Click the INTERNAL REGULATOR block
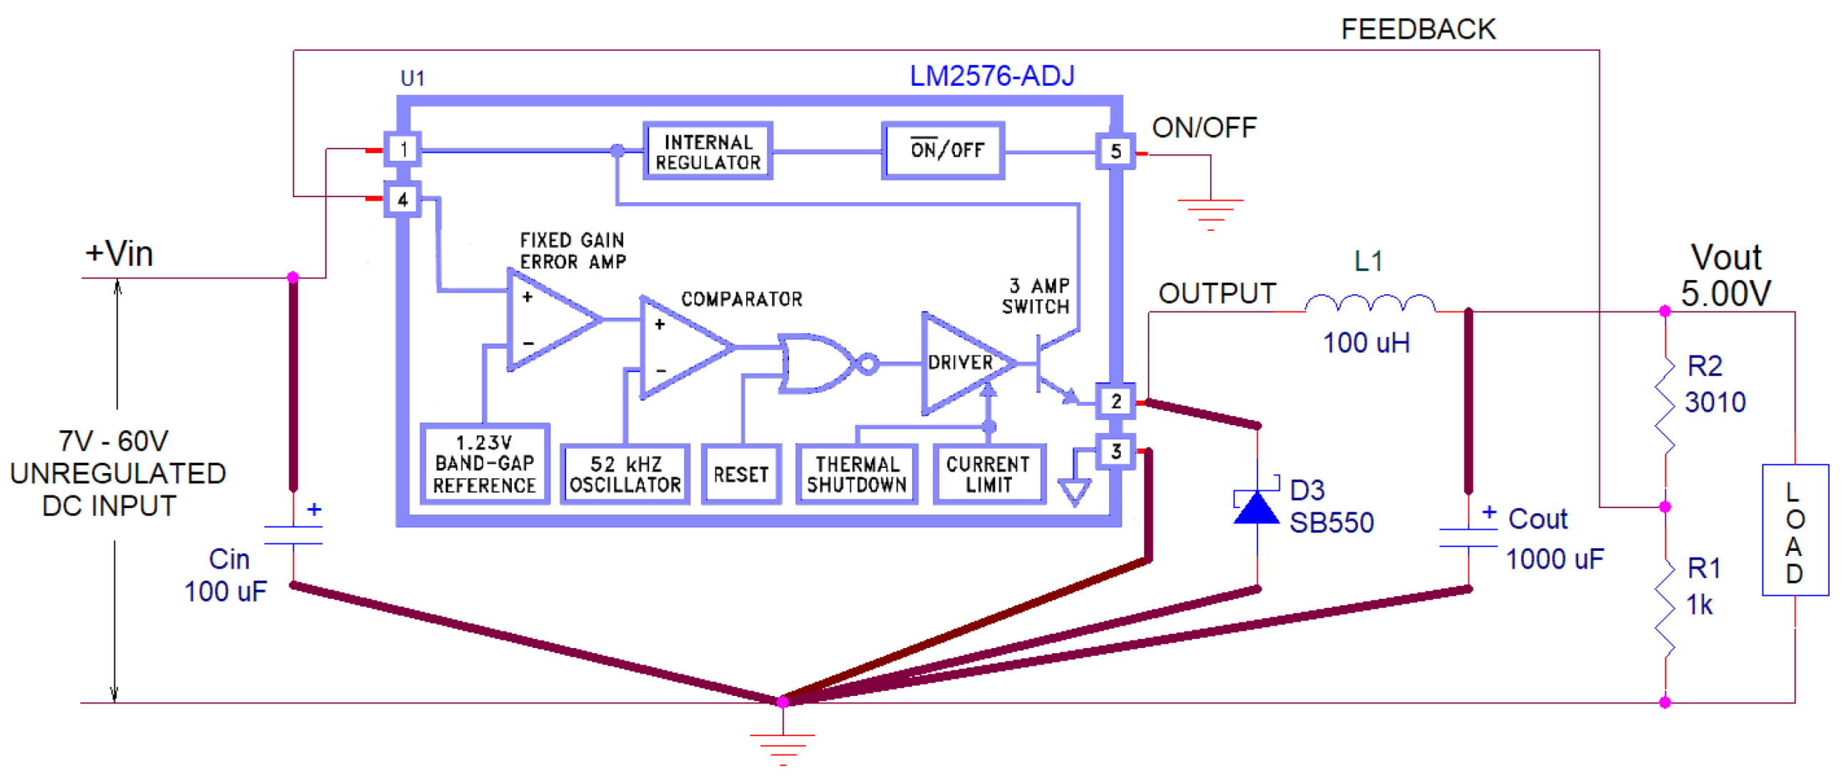(x=708, y=151)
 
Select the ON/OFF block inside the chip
(x=943, y=150)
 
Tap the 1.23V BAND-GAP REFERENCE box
(x=485, y=464)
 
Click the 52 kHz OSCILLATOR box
(x=625, y=474)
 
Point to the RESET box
(x=741, y=474)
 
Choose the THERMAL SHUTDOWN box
(x=856, y=474)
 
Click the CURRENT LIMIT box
(x=988, y=474)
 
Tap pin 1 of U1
(x=403, y=149)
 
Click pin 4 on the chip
(x=403, y=200)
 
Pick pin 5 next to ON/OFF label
(x=1115, y=151)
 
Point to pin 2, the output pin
(x=1115, y=402)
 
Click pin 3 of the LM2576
(x=1115, y=452)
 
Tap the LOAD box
(x=1794, y=530)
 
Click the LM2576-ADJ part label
(x=991, y=76)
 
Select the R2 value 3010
(x=1715, y=403)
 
